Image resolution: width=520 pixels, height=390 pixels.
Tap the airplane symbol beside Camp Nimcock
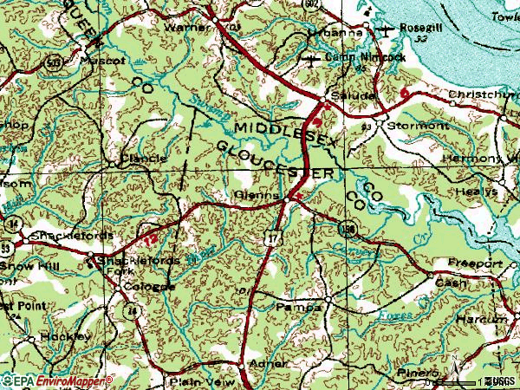313,58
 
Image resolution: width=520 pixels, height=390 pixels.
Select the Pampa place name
292,307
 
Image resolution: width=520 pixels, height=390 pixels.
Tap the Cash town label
450,283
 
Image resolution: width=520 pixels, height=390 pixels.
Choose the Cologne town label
143,287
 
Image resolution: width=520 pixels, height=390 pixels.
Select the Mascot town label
102,62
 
